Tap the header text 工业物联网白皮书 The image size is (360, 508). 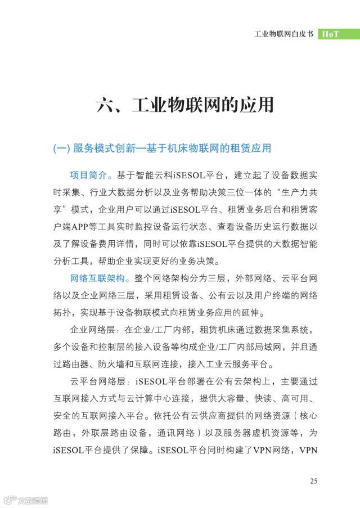281,33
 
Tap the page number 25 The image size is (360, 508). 314,481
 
